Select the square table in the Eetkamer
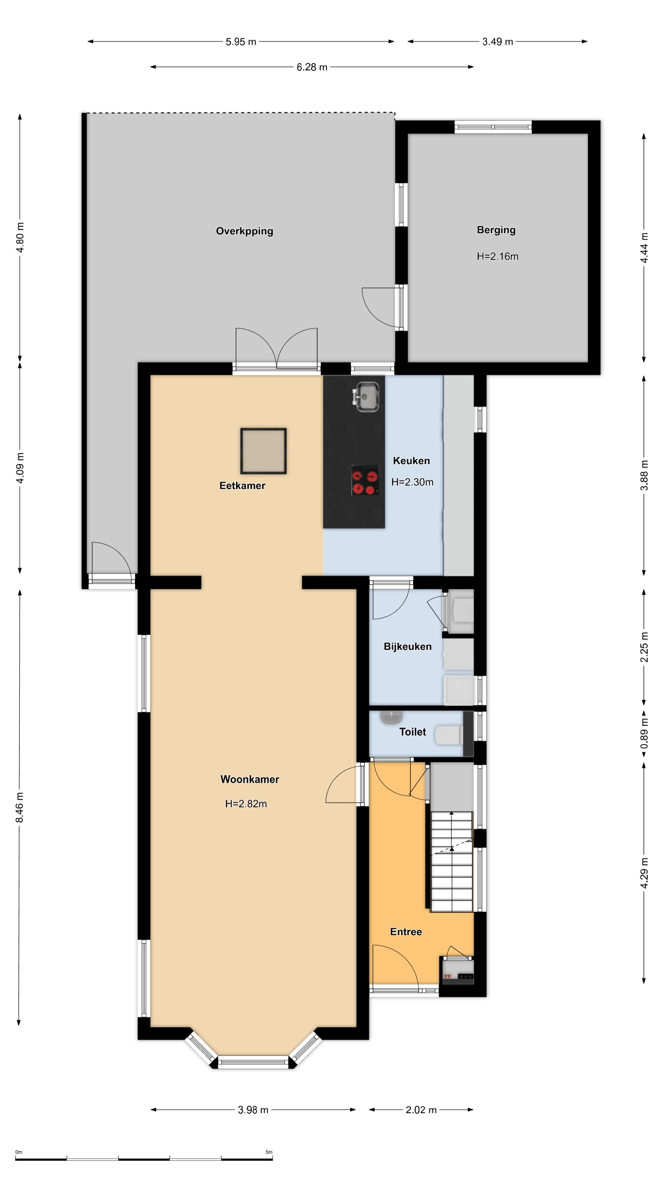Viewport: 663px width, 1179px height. (x=264, y=451)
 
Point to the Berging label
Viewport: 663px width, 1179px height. (x=496, y=230)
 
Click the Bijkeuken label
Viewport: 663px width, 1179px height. (x=407, y=646)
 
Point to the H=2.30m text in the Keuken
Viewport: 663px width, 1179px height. (x=412, y=482)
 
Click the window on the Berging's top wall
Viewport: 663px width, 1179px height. (x=493, y=127)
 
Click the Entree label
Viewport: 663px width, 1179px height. (x=406, y=932)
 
